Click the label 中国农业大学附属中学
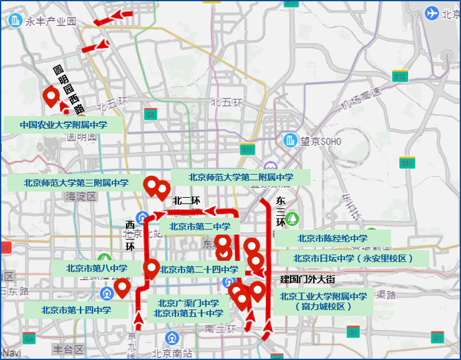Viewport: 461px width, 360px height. pos(63,124)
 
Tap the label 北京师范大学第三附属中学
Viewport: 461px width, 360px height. pos(76,183)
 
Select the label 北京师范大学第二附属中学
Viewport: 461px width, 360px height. pos(241,177)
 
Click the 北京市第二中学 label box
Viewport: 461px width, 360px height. pos(200,226)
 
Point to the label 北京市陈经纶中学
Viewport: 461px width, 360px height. pos(332,238)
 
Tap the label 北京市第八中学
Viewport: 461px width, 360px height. pos(97,268)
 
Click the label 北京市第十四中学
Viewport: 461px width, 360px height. pos(76,309)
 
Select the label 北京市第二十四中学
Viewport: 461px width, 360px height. pos(198,270)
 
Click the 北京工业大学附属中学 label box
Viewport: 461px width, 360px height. pos(323,301)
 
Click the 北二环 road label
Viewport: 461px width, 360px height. pos(186,200)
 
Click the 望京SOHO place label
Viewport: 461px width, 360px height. pos(321,141)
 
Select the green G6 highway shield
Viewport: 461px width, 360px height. pos(150,114)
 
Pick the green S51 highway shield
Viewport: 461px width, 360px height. pos(407,163)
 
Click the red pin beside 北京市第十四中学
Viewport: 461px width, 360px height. pos(123,288)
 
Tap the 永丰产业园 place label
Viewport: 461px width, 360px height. pos(50,21)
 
